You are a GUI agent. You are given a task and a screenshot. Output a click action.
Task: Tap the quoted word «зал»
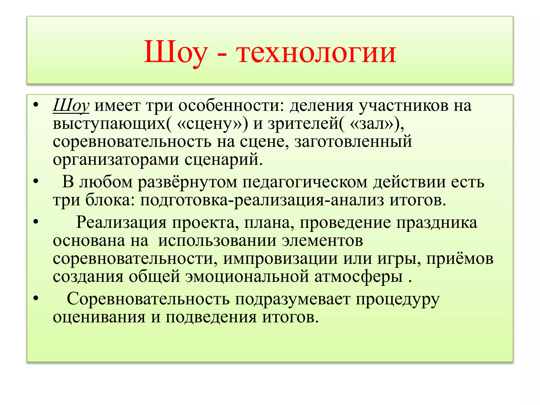pos(372,124)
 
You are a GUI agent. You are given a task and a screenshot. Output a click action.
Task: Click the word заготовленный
pos(353,142)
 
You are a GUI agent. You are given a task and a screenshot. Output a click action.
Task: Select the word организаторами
pos(116,160)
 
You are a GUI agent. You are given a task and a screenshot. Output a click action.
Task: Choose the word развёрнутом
pos(187,182)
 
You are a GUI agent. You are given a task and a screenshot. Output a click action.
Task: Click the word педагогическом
pos(305,182)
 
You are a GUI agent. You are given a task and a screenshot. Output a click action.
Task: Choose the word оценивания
pos(99,317)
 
